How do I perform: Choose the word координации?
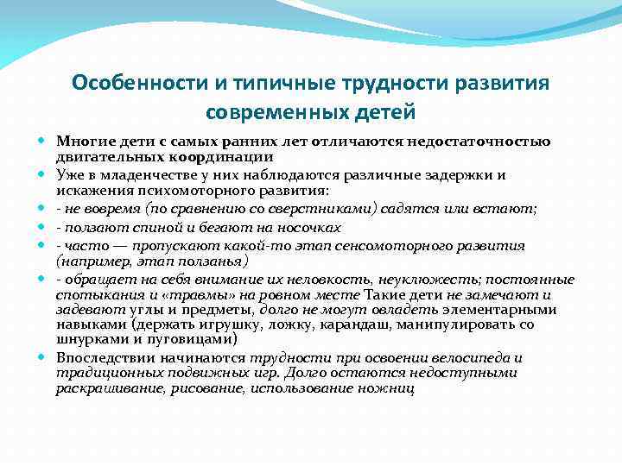click(x=228, y=157)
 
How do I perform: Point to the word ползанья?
click(x=214, y=261)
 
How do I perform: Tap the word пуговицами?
click(x=151, y=340)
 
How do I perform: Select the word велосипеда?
click(x=471, y=358)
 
